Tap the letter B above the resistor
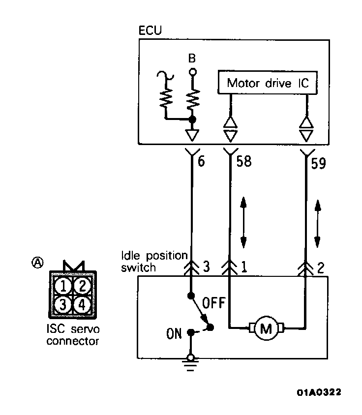click(192, 59)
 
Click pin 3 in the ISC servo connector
click(63, 304)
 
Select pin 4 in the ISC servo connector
click(82, 304)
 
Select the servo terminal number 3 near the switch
click(207, 267)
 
